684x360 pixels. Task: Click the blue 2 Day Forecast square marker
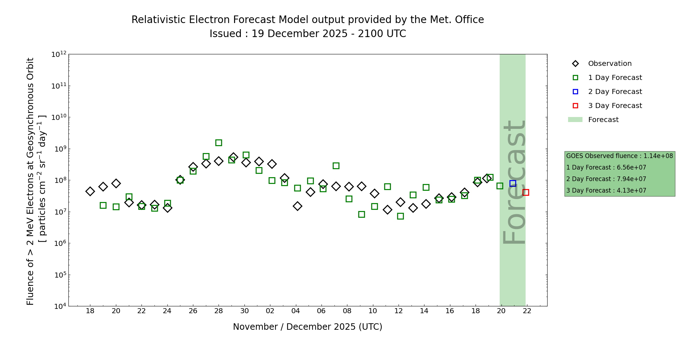click(513, 183)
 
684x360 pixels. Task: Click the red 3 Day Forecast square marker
click(526, 192)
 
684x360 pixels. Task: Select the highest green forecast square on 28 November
click(219, 143)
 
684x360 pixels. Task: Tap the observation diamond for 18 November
click(90, 191)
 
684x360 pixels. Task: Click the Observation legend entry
click(609, 64)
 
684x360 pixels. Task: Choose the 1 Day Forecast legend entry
click(615, 78)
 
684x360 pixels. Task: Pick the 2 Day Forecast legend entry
click(615, 92)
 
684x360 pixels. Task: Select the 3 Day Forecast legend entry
click(615, 106)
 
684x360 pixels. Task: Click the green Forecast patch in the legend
click(575, 120)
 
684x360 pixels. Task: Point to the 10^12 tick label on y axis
click(59, 55)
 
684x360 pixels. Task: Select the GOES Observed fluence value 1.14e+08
click(658, 156)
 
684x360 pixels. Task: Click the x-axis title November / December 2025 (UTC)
click(307, 327)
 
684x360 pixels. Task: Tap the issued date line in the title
click(307, 34)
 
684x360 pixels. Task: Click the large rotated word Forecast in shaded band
click(514, 182)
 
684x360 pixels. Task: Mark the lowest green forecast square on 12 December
click(400, 216)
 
